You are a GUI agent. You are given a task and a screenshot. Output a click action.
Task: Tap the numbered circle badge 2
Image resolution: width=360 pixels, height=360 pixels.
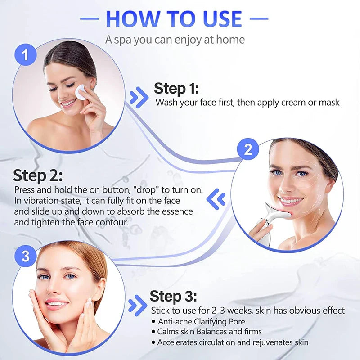click(248, 149)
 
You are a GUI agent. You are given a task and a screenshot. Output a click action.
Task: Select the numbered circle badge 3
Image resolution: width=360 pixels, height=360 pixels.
click(26, 256)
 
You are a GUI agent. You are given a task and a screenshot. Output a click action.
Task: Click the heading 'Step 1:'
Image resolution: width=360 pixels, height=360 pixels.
click(176, 88)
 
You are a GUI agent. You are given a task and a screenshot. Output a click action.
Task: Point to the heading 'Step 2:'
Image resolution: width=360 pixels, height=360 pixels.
click(38, 175)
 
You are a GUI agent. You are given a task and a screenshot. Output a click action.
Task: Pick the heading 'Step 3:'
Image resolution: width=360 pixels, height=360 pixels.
click(173, 296)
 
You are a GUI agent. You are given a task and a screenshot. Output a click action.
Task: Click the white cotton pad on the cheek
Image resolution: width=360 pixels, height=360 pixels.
click(82, 92)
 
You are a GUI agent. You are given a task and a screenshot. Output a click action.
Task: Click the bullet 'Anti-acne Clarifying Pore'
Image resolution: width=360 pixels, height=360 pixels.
click(202, 321)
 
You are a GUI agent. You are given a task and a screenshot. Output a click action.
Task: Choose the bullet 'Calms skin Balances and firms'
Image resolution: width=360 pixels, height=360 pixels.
click(209, 332)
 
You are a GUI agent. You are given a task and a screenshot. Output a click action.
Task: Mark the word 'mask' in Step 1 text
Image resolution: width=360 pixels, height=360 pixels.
click(329, 103)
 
